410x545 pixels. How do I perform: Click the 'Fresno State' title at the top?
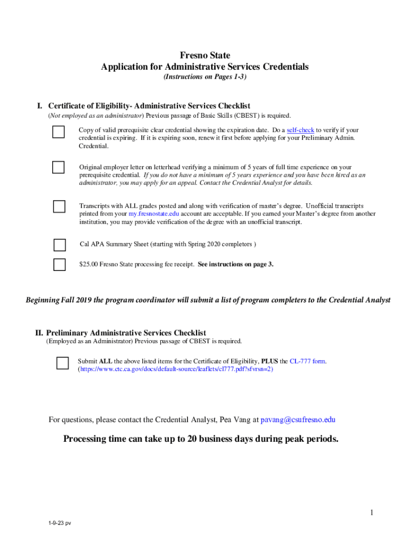pos(205,55)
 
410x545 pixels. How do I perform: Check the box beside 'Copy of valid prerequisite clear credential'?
pos(59,132)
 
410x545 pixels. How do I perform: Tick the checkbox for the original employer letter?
pos(59,167)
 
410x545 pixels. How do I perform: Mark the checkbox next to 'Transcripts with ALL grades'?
pos(59,206)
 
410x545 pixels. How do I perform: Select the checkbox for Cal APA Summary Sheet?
pos(60,245)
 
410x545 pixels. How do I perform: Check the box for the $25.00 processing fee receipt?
pos(60,264)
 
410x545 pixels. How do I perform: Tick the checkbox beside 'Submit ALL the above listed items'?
pos(62,363)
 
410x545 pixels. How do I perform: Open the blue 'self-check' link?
pos(300,130)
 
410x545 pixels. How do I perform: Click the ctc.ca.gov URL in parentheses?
pos(176,369)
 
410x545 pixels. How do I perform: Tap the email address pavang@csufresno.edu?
pos(298,420)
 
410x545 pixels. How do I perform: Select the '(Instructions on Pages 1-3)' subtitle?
pos(205,77)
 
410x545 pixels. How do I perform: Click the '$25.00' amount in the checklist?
pos(88,264)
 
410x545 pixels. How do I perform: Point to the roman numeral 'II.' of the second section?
pos(39,333)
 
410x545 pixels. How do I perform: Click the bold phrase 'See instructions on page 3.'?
pos(235,264)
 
